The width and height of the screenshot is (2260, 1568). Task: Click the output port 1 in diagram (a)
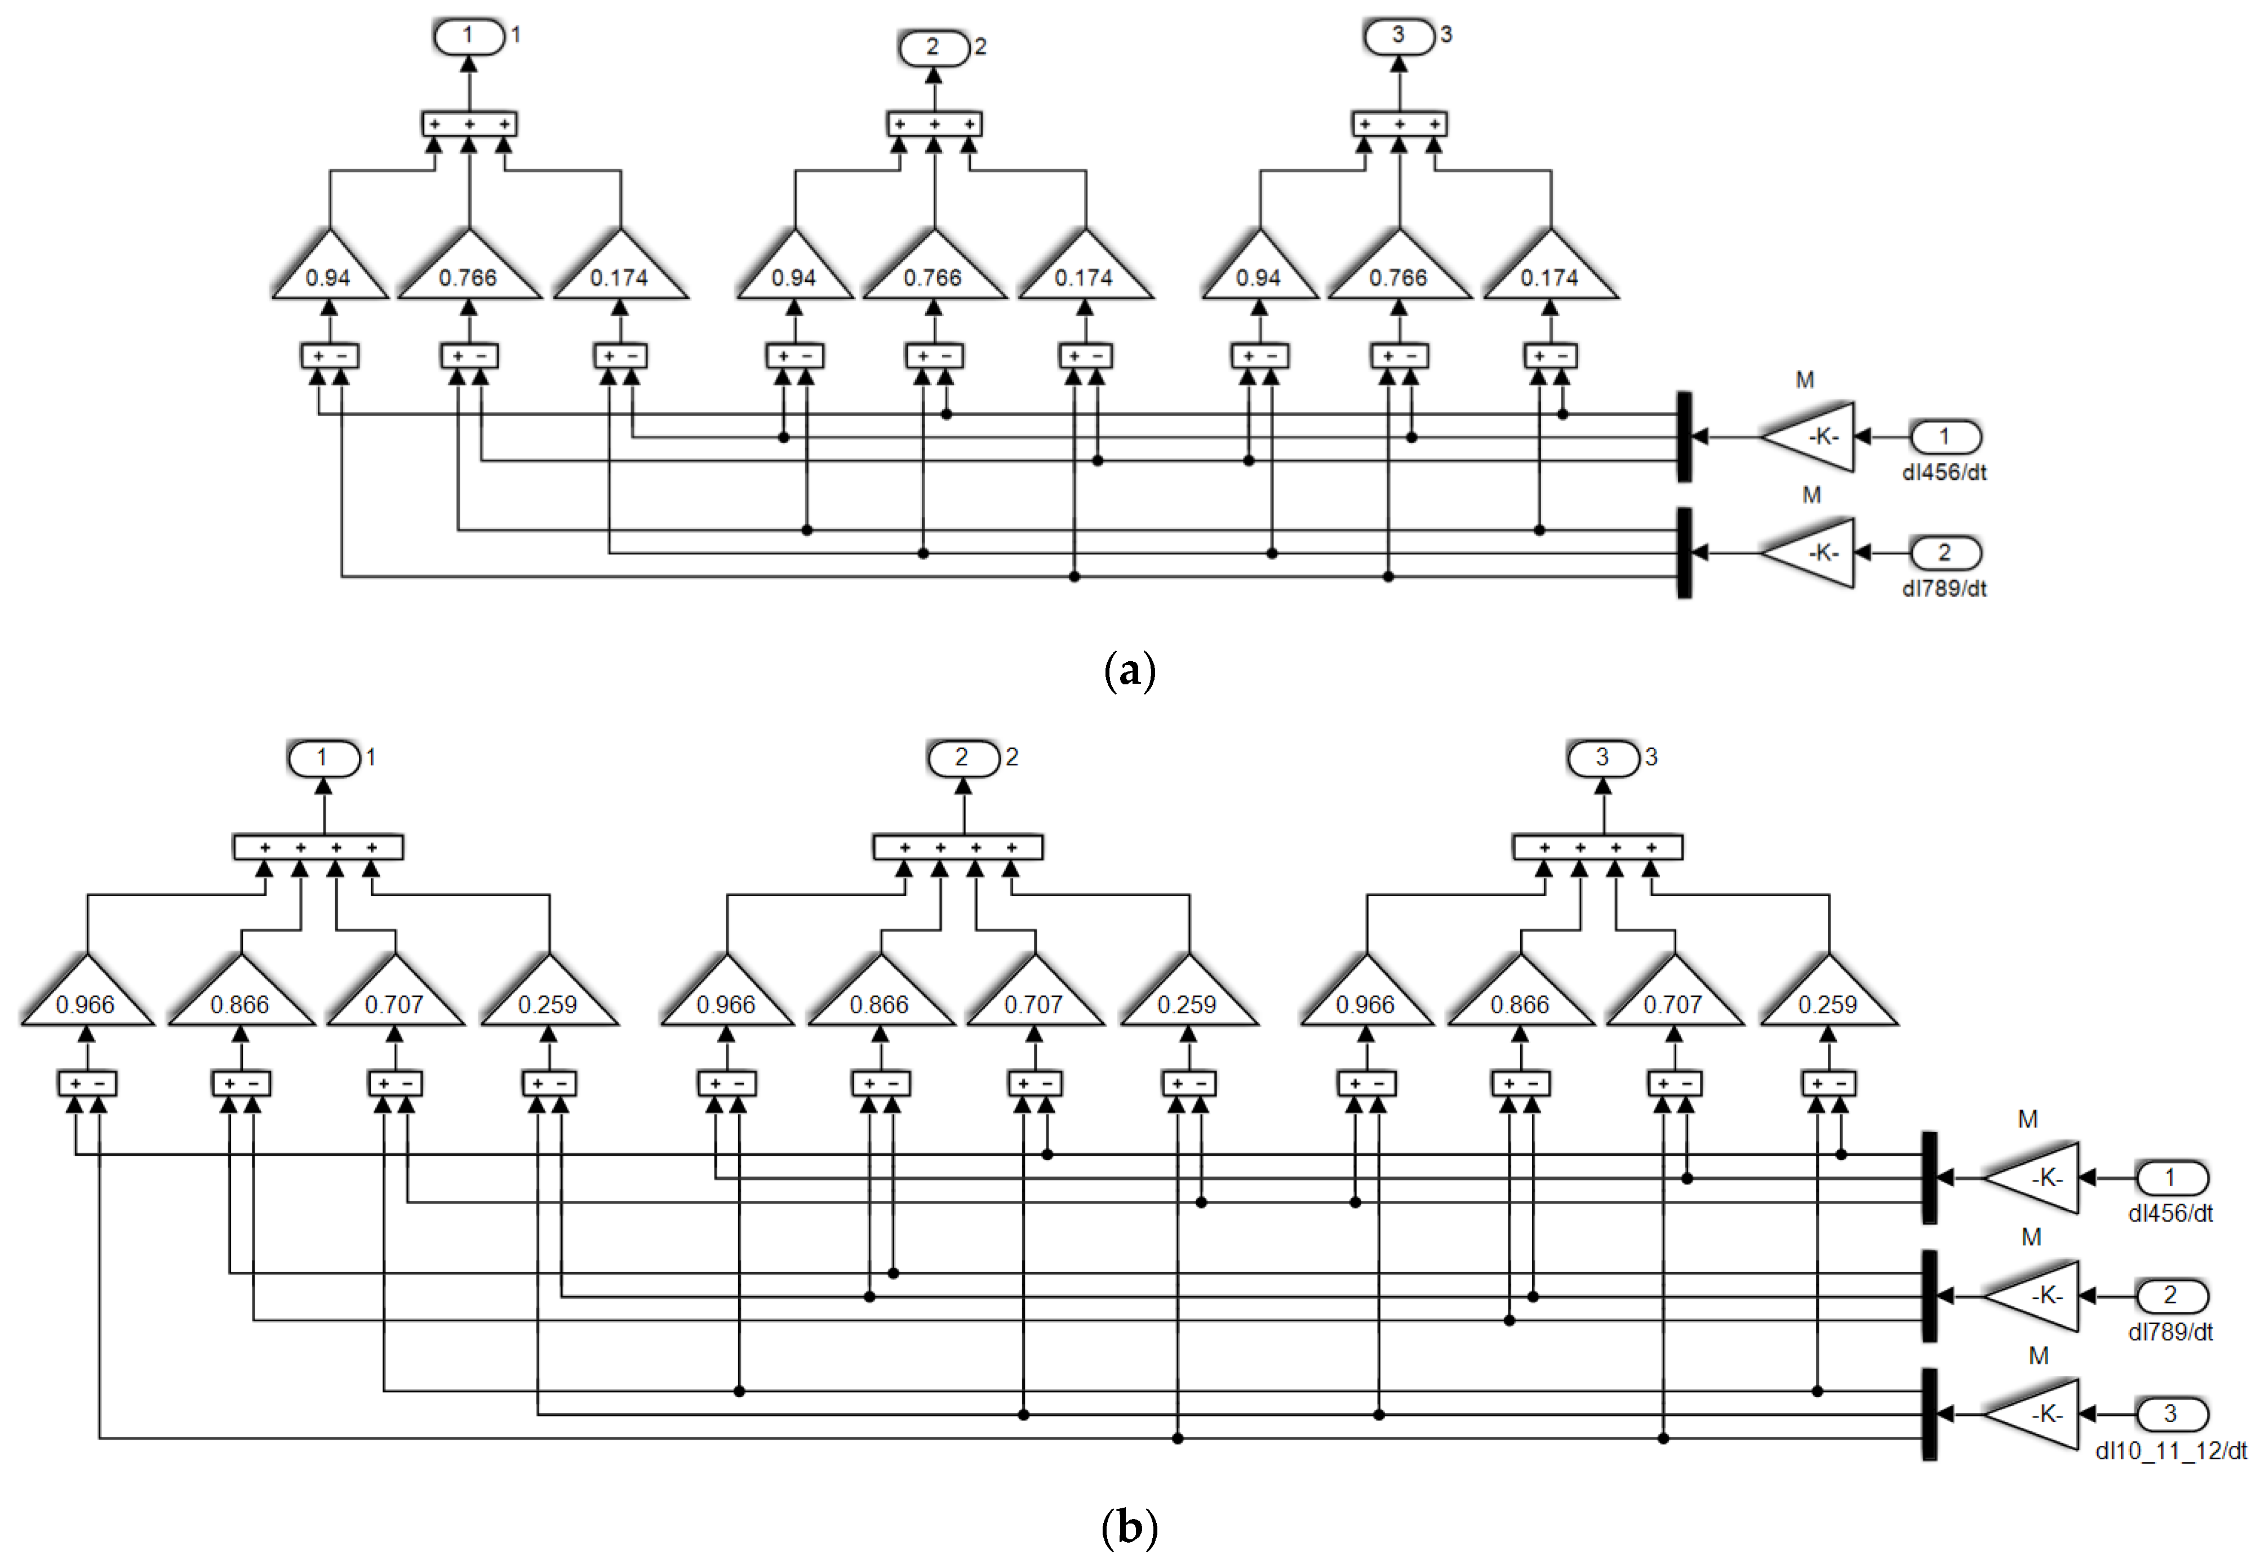(469, 37)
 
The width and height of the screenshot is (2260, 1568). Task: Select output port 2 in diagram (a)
(934, 47)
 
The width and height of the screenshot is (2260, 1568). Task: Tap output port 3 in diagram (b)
(1602, 758)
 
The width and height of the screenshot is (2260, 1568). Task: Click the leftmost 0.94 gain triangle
(328, 270)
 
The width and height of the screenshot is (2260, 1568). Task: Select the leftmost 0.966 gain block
(86, 997)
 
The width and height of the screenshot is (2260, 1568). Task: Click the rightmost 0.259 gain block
(1828, 997)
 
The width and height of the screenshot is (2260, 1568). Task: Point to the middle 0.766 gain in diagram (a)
(934, 270)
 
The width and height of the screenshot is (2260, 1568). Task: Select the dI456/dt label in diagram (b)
(2170, 1214)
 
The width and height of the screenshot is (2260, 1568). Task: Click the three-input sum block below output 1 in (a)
(469, 125)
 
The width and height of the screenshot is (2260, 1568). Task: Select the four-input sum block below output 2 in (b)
(958, 847)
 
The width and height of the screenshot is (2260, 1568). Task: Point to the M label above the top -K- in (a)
(1805, 380)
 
